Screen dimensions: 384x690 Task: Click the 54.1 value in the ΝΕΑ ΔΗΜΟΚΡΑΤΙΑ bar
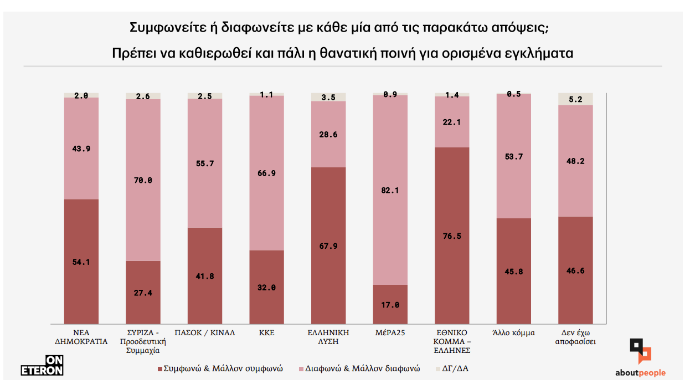click(81, 262)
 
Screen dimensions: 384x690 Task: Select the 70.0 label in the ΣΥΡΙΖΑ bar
click(143, 180)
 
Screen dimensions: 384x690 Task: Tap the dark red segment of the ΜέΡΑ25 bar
click(390, 304)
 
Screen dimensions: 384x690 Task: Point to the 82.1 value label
click(390, 190)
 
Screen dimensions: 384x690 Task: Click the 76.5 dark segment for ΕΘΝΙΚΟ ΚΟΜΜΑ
click(452, 236)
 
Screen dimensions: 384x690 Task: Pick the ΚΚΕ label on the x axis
click(266, 333)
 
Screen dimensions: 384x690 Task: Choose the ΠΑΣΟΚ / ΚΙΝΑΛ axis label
click(205, 333)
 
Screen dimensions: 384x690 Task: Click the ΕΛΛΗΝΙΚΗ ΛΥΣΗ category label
click(328, 337)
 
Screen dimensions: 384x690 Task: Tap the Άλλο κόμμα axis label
click(513, 333)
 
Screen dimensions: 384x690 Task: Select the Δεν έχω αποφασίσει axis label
click(575, 337)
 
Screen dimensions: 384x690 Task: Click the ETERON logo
click(42, 365)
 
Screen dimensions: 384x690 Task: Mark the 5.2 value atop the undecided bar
click(575, 99)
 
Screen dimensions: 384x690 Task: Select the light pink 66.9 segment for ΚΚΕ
click(266, 173)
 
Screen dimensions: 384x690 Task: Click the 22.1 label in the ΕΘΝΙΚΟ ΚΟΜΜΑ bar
click(452, 122)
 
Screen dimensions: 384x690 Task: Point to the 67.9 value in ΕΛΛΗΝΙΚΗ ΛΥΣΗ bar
click(328, 246)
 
